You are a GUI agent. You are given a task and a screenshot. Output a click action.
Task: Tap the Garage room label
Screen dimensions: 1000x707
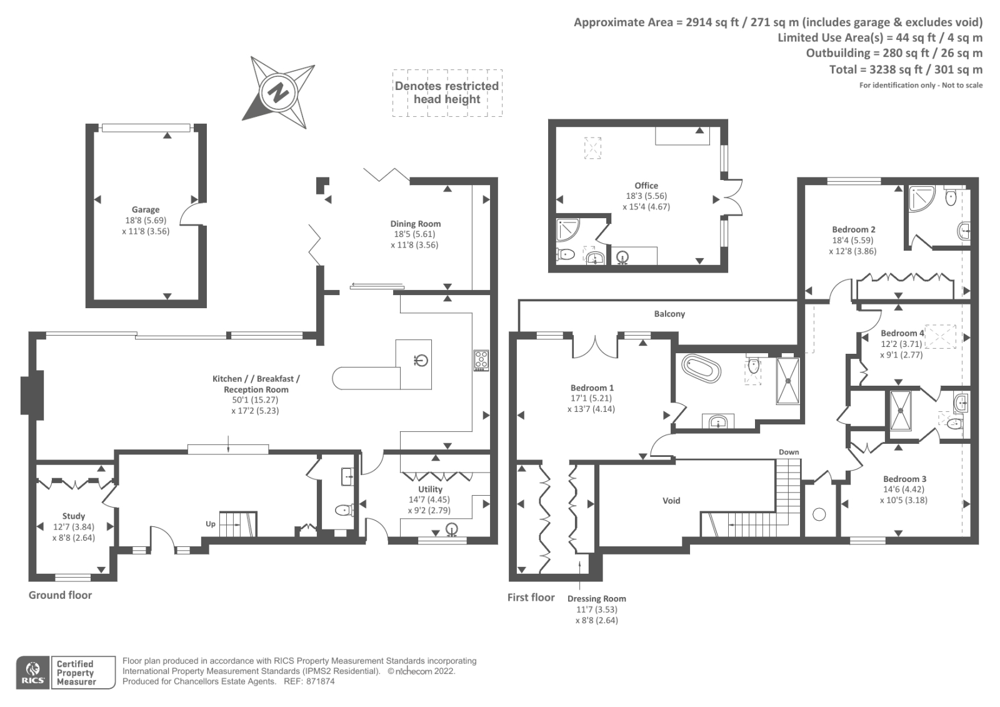tap(146, 210)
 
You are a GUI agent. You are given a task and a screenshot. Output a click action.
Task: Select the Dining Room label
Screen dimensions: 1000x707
tap(416, 224)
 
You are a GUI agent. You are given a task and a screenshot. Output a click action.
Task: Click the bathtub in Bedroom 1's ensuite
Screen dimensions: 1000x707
tap(701, 368)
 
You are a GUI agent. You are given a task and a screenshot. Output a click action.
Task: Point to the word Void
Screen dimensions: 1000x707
tap(671, 501)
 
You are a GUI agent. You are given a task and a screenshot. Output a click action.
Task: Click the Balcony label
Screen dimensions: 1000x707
tap(669, 314)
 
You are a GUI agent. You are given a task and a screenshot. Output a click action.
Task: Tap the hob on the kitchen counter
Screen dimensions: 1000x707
tap(481, 360)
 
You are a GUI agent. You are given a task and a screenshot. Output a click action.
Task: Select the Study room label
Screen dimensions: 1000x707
tap(74, 516)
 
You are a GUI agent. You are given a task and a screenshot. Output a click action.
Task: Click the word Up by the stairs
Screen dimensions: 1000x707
tap(211, 524)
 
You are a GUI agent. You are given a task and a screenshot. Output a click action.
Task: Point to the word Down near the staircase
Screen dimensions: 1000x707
tap(789, 452)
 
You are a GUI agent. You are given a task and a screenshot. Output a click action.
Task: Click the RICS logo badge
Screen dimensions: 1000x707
tap(34, 673)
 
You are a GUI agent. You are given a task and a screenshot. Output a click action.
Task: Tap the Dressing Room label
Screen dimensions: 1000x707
tap(596, 599)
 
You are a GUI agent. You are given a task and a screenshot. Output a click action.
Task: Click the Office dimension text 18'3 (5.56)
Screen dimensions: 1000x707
tap(646, 196)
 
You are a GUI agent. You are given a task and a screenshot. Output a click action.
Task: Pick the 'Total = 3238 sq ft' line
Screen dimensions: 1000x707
tap(906, 69)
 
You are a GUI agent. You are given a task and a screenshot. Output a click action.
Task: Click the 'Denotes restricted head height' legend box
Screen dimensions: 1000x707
tap(447, 93)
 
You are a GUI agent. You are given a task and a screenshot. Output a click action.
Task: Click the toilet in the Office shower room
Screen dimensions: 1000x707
tap(566, 254)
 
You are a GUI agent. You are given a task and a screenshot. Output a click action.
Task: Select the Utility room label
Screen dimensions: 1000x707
tap(430, 489)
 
